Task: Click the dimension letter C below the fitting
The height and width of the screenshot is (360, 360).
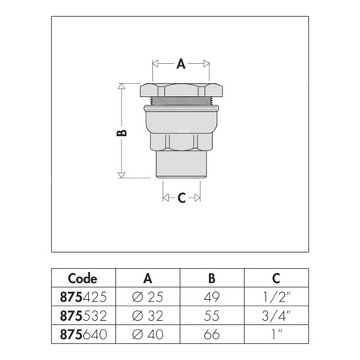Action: coord(181,198)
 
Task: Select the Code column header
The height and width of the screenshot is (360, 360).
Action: coord(82,278)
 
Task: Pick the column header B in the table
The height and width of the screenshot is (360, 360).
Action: coord(211,278)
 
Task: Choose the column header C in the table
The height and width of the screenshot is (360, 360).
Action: coord(276,278)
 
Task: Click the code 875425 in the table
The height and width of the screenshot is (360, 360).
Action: coord(82,296)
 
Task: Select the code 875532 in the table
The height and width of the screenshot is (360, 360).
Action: coord(82,312)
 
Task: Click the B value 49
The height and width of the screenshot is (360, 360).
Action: coord(211,296)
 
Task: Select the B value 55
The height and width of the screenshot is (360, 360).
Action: coord(211,312)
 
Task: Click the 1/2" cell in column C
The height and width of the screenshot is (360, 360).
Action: coord(276,296)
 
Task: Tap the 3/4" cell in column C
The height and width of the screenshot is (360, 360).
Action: coord(276,312)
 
